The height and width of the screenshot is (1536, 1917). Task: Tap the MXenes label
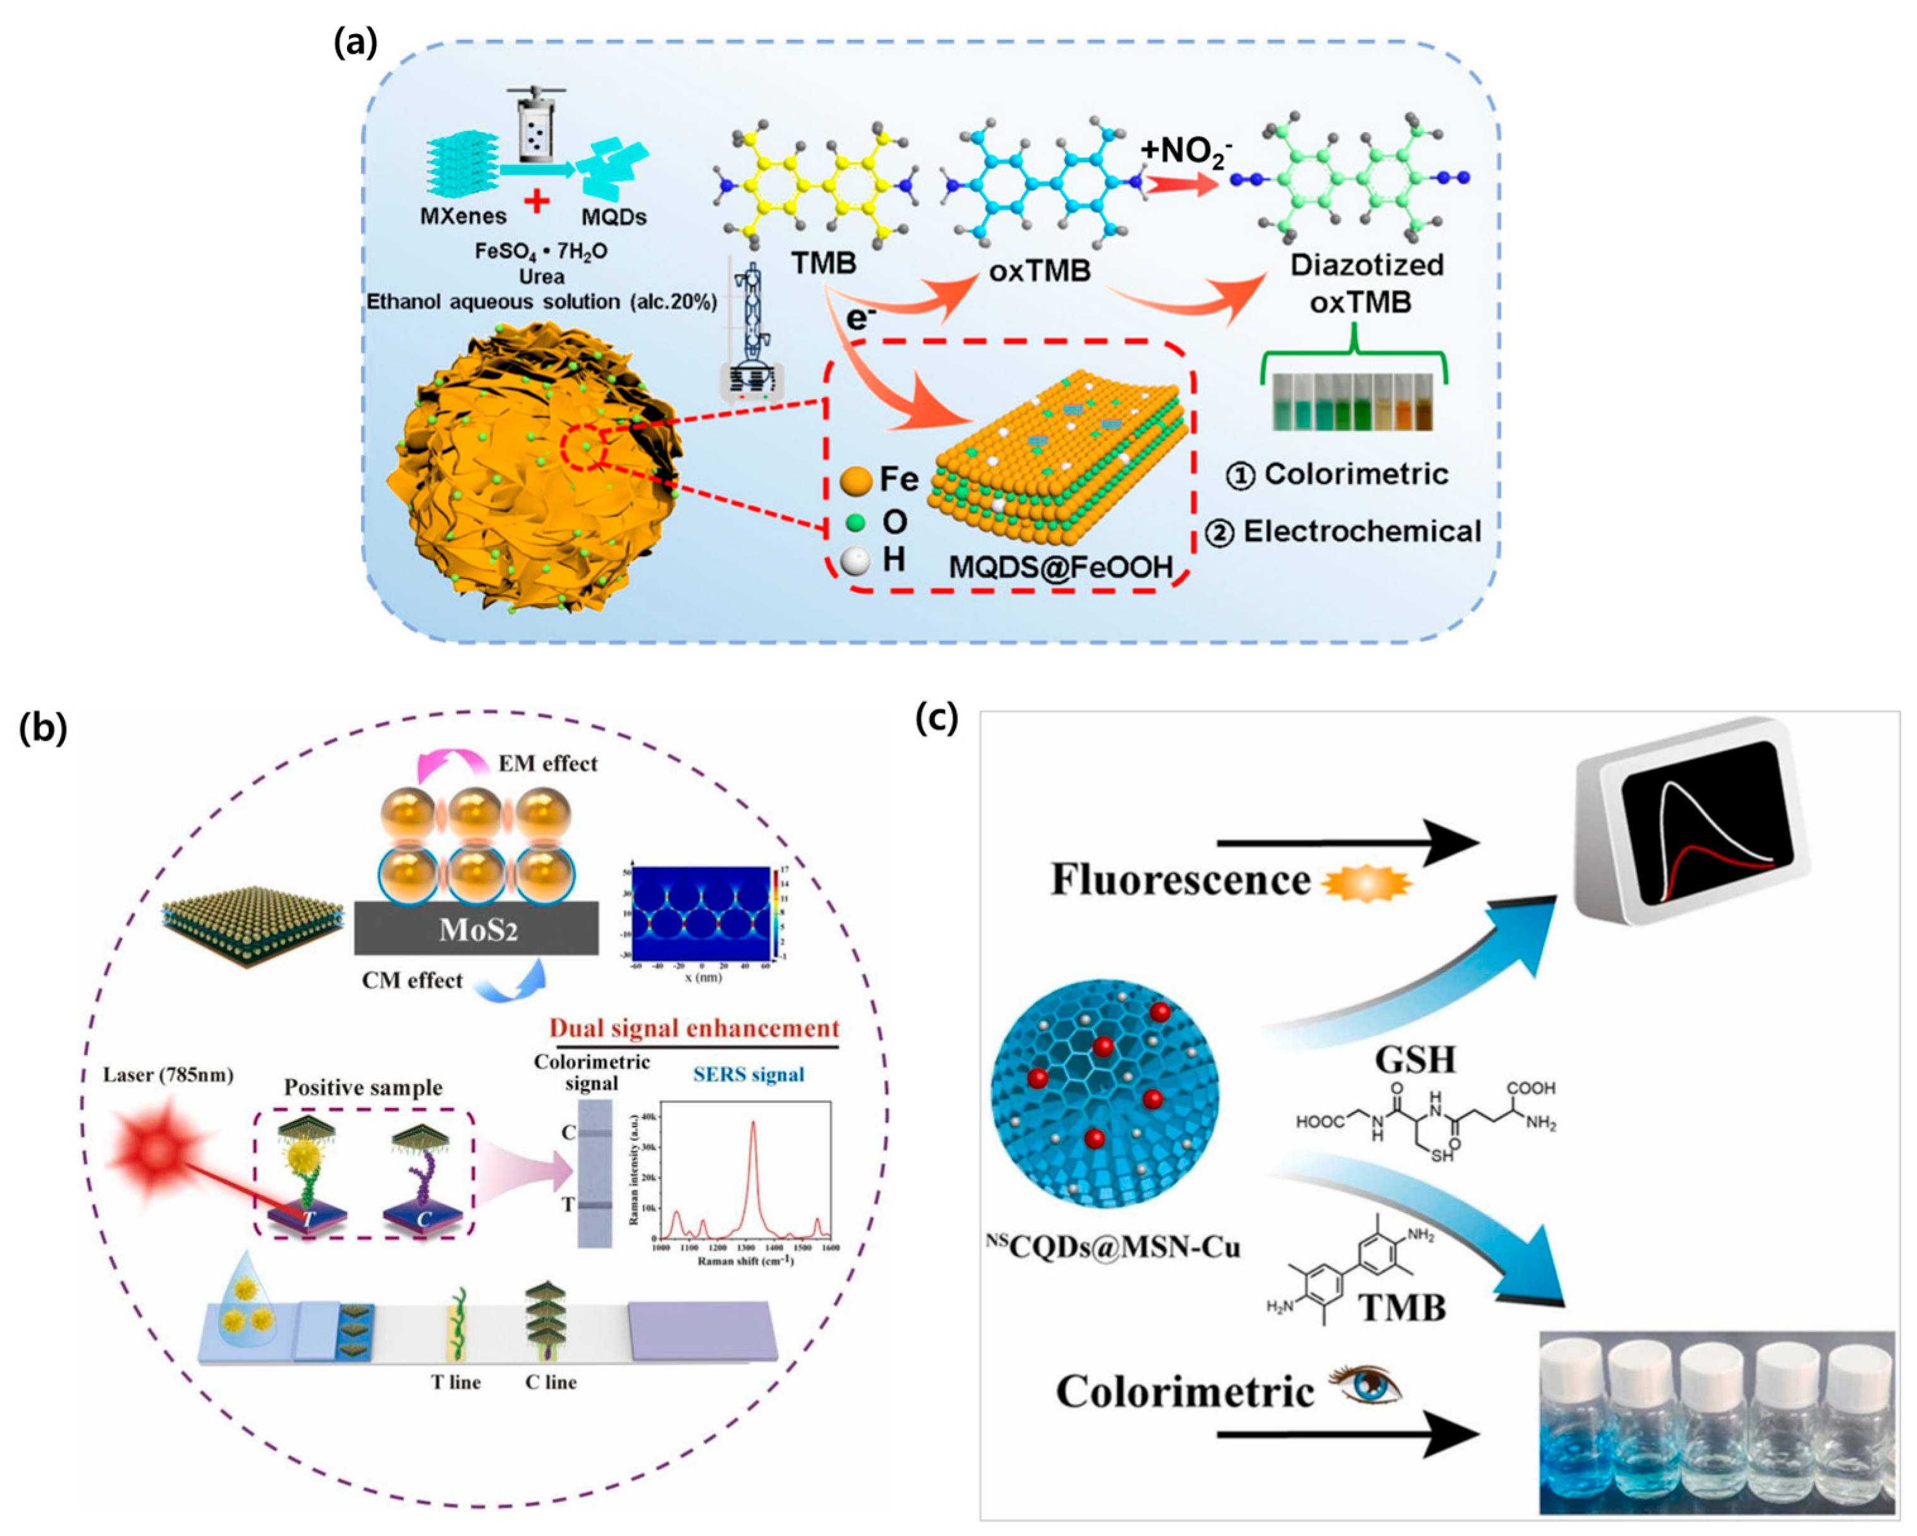click(463, 216)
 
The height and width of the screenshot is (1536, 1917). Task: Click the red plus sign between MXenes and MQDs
click(536, 201)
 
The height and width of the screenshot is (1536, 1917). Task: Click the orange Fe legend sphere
click(855, 481)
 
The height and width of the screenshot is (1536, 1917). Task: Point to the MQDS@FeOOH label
click(1061, 566)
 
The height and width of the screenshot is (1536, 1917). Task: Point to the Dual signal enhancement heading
click(693, 1028)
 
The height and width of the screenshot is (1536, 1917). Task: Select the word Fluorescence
click(1180, 880)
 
